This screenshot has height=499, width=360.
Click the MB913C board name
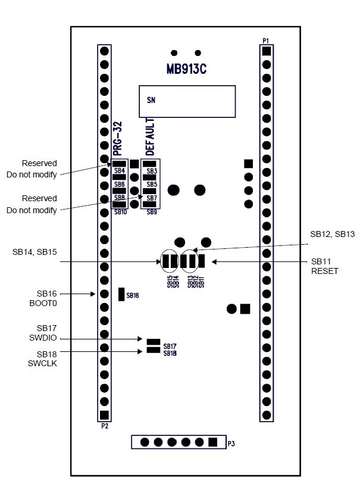(186, 69)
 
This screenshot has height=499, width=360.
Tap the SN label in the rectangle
(151, 100)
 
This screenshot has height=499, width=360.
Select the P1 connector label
(266, 40)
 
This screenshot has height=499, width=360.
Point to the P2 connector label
(104, 426)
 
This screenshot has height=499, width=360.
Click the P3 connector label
(232, 443)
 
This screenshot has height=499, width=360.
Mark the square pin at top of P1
(267, 51)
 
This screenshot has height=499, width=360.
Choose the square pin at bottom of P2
(104, 415)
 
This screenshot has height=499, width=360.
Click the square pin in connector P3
(212, 442)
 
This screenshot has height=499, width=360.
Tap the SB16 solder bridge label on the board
(132, 295)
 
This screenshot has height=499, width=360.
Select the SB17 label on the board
(170, 346)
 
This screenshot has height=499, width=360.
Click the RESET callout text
(324, 272)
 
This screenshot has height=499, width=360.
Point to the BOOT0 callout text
(47, 304)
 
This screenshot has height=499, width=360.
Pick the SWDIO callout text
(47, 339)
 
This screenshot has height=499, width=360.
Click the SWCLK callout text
(47, 363)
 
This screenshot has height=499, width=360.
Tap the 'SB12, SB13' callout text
(332, 235)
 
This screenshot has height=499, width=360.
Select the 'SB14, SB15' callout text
(35, 252)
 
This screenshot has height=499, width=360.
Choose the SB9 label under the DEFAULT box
(151, 212)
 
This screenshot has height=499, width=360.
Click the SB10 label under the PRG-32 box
(120, 212)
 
